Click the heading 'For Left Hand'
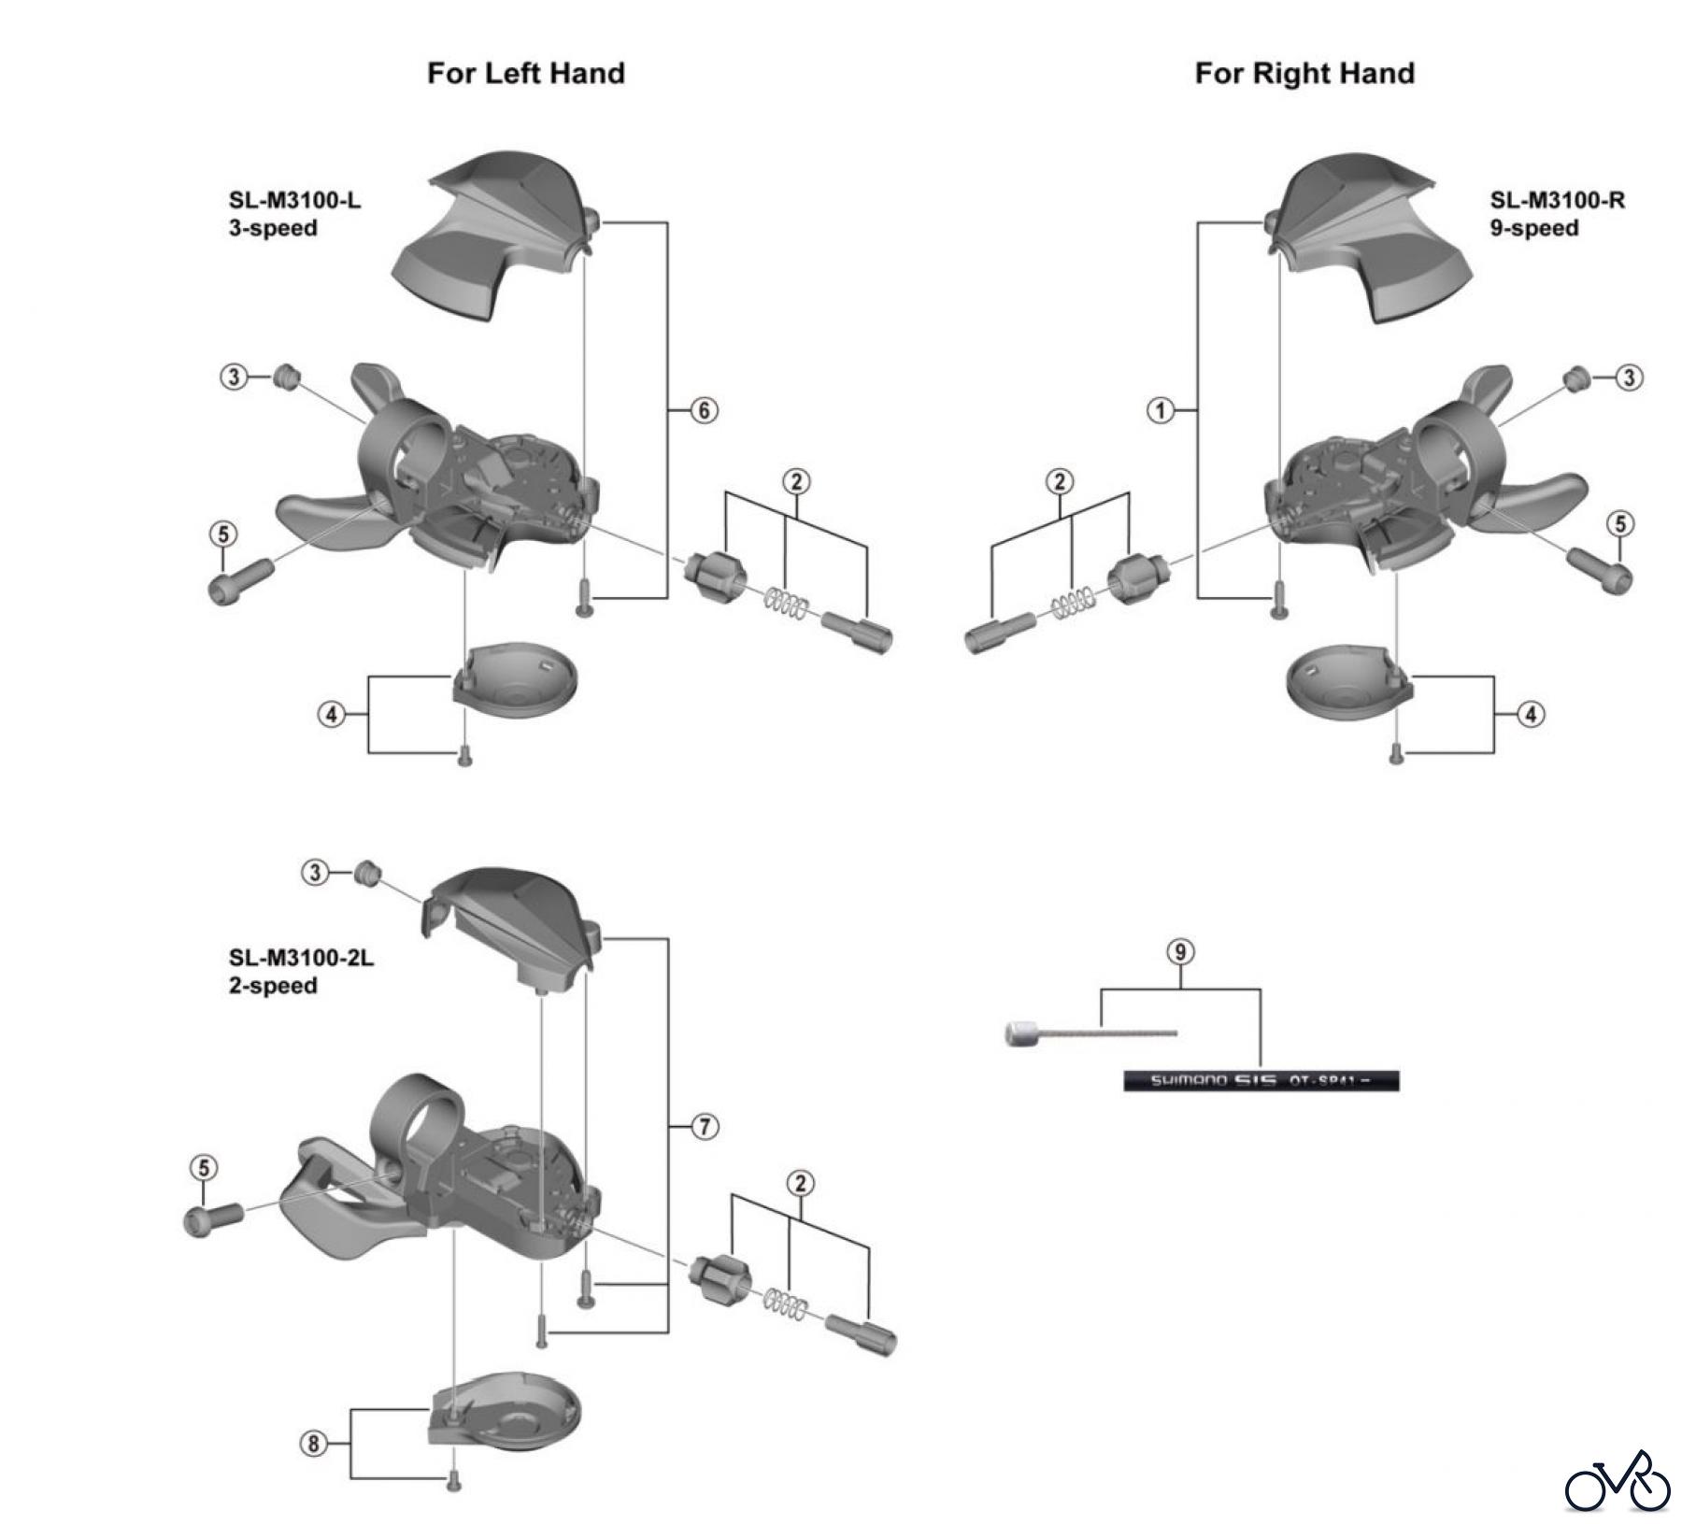[525, 73]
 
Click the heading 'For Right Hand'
[1304, 73]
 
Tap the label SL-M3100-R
[1557, 200]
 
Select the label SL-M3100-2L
[301, 958]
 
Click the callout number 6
[704, 409]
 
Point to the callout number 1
[1161, 409]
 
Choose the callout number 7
[704, 1127]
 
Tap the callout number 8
[314, 1444]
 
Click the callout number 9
[1181, 952]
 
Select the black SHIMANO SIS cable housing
[1261, 1081]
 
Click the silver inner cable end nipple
[1019, 1034]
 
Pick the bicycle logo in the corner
[1618, 1481]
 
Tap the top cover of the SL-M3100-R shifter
[1364, 234]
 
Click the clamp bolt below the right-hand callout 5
[1599, 566]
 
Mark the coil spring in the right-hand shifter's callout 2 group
[1072, 603]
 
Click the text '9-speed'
[1534, 228]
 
